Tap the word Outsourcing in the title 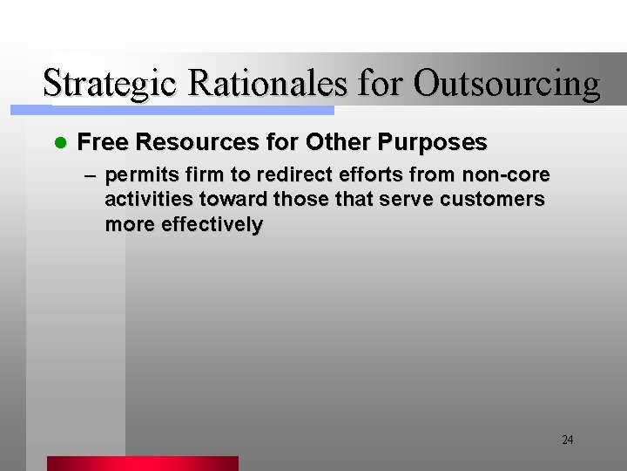click(507, 85)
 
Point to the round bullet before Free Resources click(60, 142)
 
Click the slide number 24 click(567, 440)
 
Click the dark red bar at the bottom click(142, 463)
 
